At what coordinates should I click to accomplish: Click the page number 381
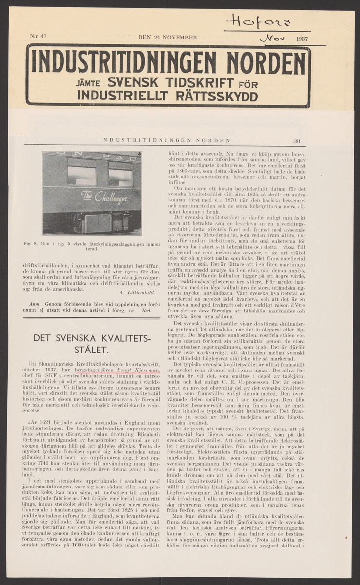point(296,141)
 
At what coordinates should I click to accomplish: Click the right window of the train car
point(120,176)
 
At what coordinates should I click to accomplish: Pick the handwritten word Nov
point(269,37)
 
